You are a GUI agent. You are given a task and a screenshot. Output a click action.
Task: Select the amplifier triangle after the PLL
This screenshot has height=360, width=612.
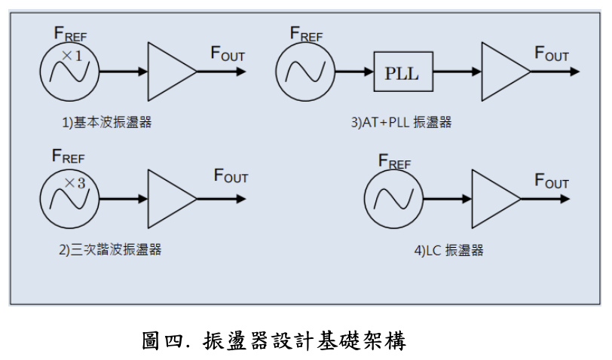[503, 72]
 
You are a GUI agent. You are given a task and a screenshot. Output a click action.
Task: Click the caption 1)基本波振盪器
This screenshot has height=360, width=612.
[106, 122]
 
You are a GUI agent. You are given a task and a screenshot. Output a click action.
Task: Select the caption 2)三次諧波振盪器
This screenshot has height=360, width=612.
[110, 250]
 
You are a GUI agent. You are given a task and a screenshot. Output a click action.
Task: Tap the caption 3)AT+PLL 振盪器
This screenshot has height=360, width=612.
[401, 123]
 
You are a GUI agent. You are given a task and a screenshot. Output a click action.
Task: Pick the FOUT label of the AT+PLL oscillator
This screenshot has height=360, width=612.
[552, 53]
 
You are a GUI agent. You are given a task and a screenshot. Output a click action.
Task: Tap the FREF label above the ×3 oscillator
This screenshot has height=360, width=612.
[68, 157]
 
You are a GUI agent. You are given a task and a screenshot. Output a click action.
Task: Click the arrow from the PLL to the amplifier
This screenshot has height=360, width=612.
[457, 72]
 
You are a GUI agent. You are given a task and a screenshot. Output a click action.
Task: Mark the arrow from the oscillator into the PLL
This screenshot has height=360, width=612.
[353, 72]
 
